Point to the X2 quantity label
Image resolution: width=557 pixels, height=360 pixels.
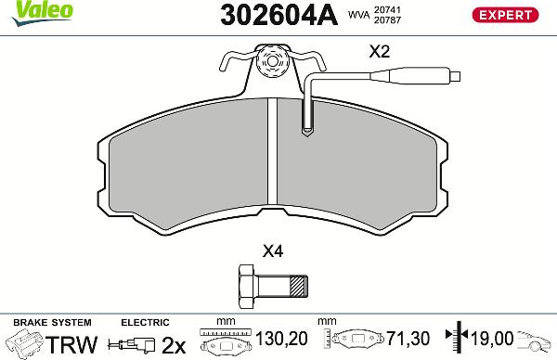pos(379,54)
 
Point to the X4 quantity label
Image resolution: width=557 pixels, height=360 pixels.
pos(273,250)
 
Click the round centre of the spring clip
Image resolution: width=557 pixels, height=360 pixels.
pos(272,65)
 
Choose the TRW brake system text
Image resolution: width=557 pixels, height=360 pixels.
pos(72,344)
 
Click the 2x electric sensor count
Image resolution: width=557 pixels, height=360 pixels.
pos(174,344)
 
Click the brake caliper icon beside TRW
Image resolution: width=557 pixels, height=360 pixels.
pos(24,343)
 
